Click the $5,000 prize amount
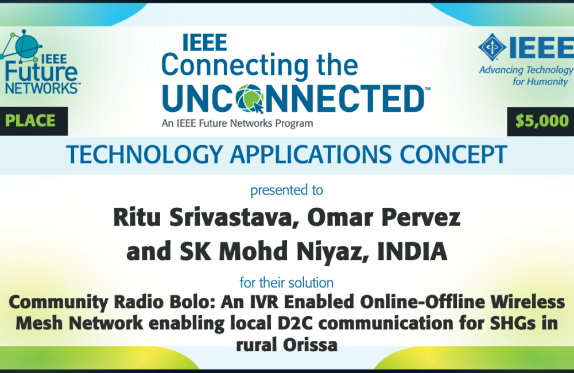[x=542, y=121]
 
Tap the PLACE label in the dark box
[x=30, y=121]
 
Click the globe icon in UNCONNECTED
[x=250, y=99]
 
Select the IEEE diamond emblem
[x=492, y=47]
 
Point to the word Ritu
[x=137, y=217]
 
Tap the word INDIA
[x=412, y=251]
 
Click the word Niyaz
[x=332, y=252]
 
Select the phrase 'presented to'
[x=286, y=191]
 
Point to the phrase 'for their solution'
[x=286, y=282]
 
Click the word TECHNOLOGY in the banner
[x=145, y=154]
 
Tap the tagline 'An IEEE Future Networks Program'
[x=237, y=123]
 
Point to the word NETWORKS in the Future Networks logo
[x=42, y=88]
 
